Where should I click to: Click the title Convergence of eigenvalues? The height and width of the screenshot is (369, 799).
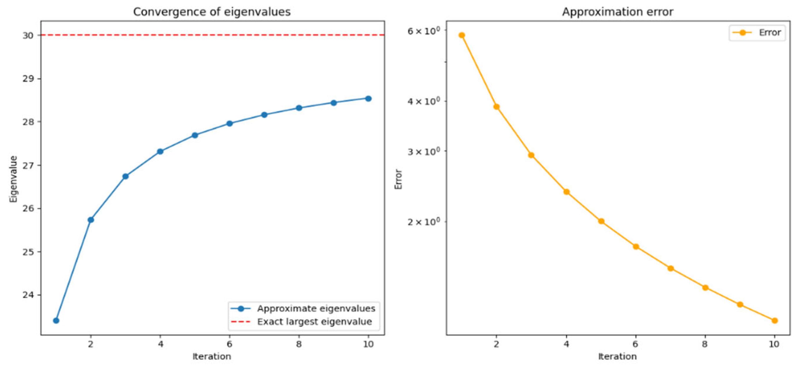[x=212, y=12]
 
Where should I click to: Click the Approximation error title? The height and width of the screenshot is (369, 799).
[x=617, y=12]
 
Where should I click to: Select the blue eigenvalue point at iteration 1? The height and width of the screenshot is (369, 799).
[x=56, y=321]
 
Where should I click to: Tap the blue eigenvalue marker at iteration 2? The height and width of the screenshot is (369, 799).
[x=91, y=220]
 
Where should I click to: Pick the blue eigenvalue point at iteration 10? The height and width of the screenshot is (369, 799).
[x=368, y=99]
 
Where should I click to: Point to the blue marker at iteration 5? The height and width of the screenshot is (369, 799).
[x=195, y=135]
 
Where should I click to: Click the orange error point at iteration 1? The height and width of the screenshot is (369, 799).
[x=462, y=35]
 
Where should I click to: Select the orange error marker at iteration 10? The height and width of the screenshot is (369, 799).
[x=774, y=321]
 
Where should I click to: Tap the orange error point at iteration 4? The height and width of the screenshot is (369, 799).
[x=566, y=192]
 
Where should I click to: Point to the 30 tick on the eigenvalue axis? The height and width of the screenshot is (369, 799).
[x=28, y=35]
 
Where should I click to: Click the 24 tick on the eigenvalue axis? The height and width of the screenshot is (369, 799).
[x=28, y=295]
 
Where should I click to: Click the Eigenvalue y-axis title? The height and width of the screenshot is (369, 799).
[x=13, y=179]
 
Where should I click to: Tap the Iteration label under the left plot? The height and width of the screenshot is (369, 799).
[x=212, y=357]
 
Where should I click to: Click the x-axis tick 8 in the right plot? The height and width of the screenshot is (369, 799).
[x=705, y=344]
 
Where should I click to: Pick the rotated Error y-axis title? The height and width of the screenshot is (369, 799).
[x=398, y=179]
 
